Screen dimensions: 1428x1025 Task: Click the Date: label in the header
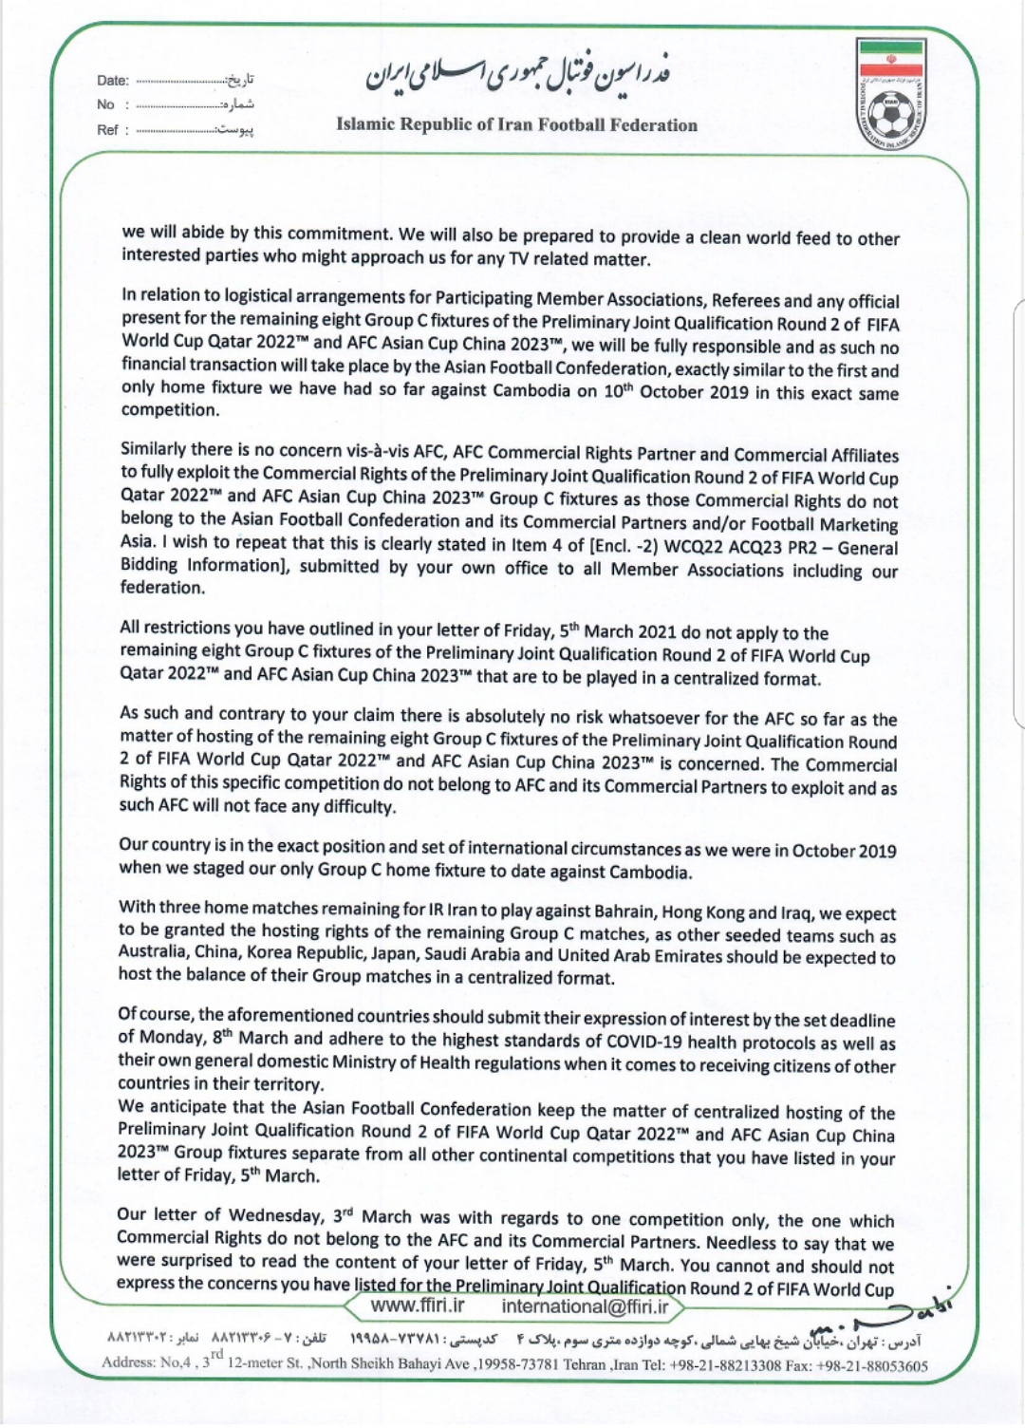tap(113, 81)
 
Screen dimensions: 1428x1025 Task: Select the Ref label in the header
tap(107, 129)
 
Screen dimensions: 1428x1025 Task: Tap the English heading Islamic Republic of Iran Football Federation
tap(516, 125)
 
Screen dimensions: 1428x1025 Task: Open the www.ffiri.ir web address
tap(418, 1306)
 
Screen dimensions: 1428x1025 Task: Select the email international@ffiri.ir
tap(585, 1306)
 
